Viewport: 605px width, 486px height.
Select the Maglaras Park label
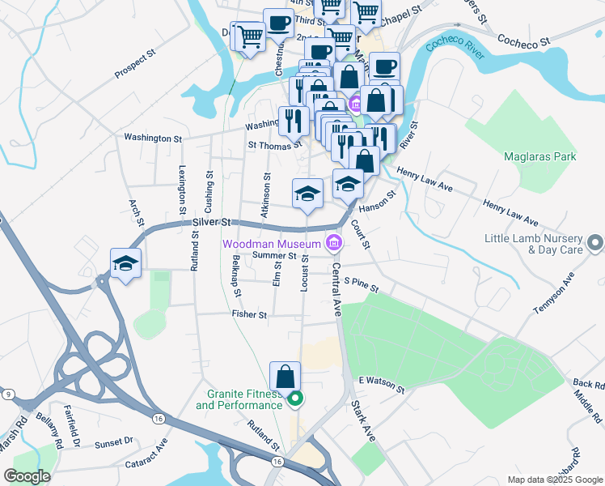tap(536, 156)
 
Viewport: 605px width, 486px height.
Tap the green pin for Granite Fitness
tap(296, 399)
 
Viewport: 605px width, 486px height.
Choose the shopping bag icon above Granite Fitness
tap(285, 377)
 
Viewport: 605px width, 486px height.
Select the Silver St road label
tap(212, 222)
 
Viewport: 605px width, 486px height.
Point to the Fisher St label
tap(249, 314)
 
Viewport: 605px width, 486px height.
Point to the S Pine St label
tap(361, 283)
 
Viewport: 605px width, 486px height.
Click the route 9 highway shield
tap(8, 394)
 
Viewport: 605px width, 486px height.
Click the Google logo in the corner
tap(27, 476)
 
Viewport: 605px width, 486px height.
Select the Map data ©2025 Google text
tap(554, 480)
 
